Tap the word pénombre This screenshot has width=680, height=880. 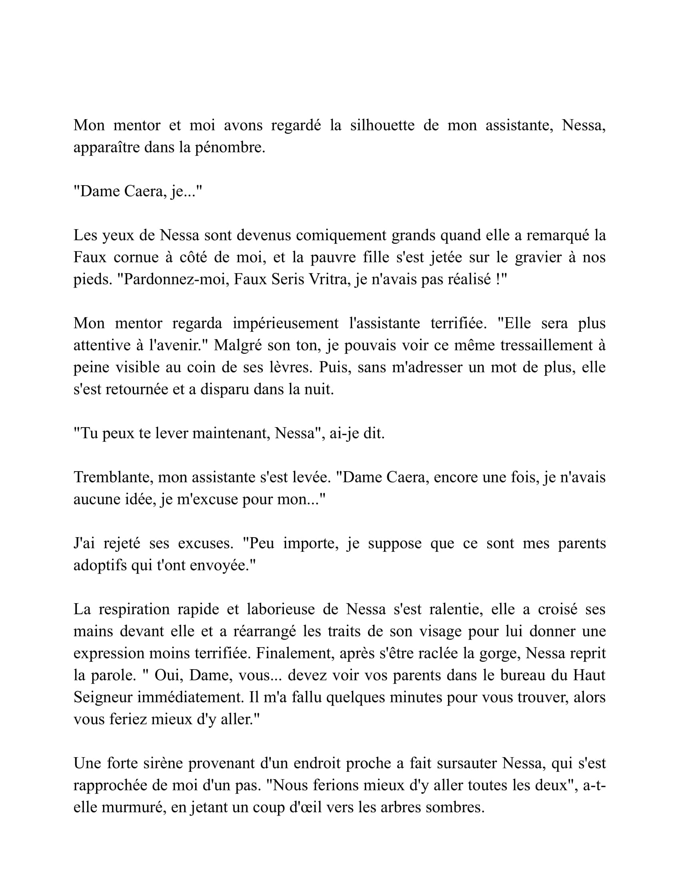click(230, 148)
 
